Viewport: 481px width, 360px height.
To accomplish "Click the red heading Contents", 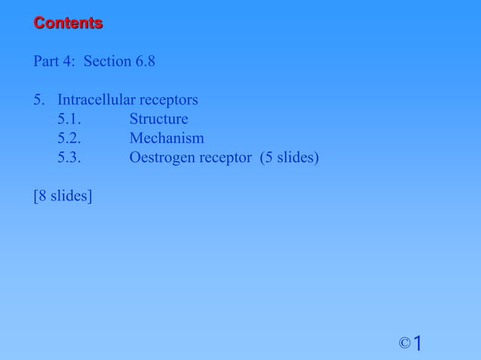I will pos(68,23).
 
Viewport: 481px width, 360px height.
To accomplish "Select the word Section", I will pos(108,61).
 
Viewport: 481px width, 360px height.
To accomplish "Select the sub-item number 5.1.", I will pos(69,120).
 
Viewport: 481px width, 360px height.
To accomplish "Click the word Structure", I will pos(158,120).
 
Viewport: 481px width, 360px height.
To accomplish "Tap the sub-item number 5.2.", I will pos(69,139).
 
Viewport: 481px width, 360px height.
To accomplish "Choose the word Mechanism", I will pos(167,139).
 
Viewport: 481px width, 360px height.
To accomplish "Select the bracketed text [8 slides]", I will pos(63,197).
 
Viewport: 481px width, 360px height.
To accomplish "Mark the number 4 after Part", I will pos(69,61).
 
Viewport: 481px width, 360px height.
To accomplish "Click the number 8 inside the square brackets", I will pos(41,197).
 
